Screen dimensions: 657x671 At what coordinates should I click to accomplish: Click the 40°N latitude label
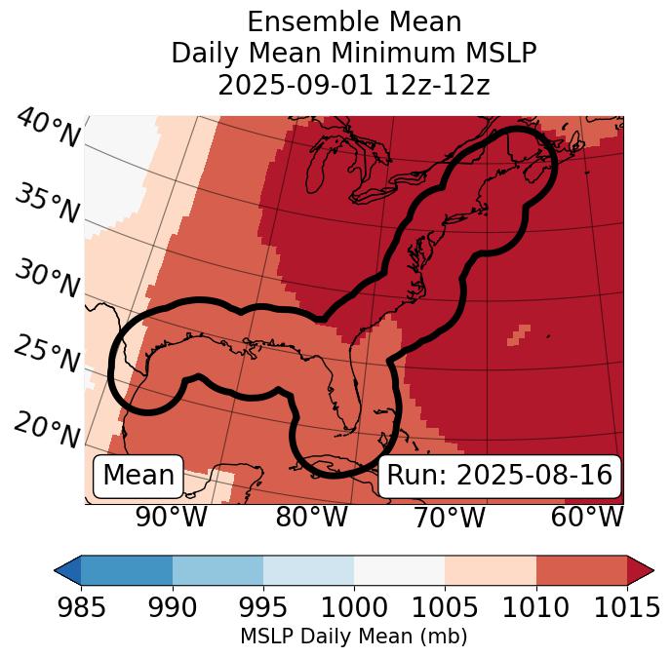tap(48, 129)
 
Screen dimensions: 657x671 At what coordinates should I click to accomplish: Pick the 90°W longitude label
tap(171, 517)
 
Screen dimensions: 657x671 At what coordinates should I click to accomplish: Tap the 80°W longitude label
tap(311, 517)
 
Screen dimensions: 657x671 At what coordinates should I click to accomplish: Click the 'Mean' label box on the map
tap(138, 476)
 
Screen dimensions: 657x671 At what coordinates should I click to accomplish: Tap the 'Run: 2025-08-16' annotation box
tap(499, 476)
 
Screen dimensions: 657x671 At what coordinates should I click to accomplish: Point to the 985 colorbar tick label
tap(81, 607)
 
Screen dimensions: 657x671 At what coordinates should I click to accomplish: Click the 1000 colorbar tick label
tap(354, 607)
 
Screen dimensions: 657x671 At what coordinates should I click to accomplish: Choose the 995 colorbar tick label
tap(263, 607)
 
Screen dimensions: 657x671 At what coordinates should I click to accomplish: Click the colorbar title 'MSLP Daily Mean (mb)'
tap(354, 638)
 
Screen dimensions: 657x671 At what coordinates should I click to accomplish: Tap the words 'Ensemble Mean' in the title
tap(354, 21)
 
